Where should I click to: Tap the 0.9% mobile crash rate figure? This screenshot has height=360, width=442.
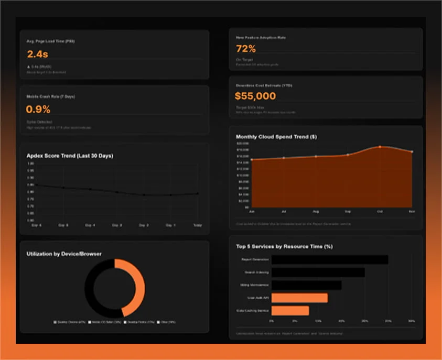pyautogui.click(x=38, y=110)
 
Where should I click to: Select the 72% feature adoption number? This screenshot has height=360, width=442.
pyautogui.click(x=246, y=49)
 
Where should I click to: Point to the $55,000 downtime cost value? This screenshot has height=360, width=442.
pyautogui.click(x=255, y=96)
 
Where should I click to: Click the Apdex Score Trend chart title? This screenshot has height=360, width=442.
pyautogui.click(x=70, y=156)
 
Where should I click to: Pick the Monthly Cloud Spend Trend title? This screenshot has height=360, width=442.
pyautogui.click(x=276, y=137)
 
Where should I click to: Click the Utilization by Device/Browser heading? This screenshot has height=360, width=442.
pyautogui.click(x=64, y=254)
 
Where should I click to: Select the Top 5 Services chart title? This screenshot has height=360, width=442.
pyautogui.click(x=284, y=246)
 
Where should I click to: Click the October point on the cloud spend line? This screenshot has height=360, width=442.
pyautogui.click(x=380, y=147)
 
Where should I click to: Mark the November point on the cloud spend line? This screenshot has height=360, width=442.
pyautogui.click(x=412, y=152)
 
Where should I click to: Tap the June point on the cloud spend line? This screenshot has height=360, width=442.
pyautogui.click(x=252, y=160)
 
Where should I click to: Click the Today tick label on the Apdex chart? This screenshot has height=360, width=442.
pyautogui.click(x=197, y=225)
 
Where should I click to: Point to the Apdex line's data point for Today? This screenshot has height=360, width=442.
pyautogui.click(x=197, y=193)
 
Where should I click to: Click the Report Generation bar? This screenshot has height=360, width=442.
pyautogui.click(x=330, y=260)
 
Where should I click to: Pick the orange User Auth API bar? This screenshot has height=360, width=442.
pyautogui.click(x=299, y=298)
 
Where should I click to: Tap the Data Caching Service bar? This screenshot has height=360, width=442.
pyautogui.click(x=290, y=311)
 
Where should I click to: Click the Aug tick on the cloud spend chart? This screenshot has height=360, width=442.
pyautogui.click(x=316, y=211)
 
